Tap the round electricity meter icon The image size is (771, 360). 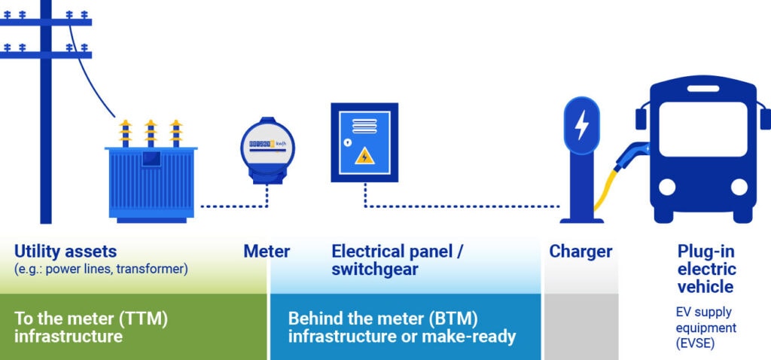(267, 147)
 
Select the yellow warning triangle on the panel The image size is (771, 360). (365, 157)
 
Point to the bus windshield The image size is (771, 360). (702, 129)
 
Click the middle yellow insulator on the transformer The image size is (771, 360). (151, 132)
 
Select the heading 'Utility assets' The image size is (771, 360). (66, 251)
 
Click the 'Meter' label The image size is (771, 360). (266, 251)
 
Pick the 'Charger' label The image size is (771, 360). (581, 251)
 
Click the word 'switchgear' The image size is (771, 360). (374, 269)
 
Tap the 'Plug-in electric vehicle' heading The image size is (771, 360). (706, 269)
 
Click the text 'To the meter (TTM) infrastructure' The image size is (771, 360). (90, 327)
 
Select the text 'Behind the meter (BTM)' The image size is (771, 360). (382, 318)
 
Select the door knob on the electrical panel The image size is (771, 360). (347, 142)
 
